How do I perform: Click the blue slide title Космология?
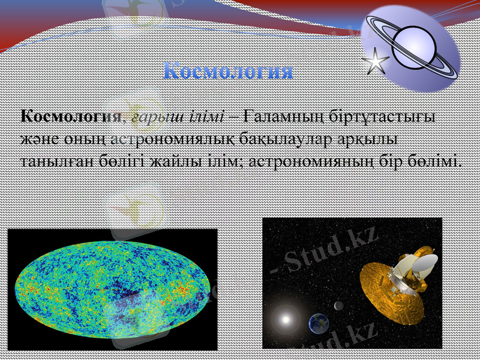(x=228, y=71)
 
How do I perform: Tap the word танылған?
(x=47, y=161)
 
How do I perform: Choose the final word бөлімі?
(x=434, y=161)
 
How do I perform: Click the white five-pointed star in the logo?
(x=376, y=61)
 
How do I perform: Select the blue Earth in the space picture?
(x=319, y=323)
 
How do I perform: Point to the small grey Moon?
(x=339, y=306)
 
